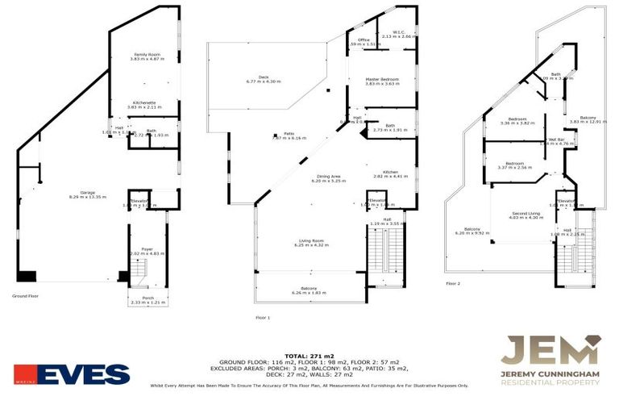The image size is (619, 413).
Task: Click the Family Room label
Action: pyautogui.click(x=147, y=55)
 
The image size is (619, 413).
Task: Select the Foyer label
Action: pyautogui.click(x=147, y=249)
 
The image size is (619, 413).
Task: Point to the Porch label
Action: pyautogui.click(x=147, y=299)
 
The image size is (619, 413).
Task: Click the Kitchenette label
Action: pyautogui.click(x=147, y=102)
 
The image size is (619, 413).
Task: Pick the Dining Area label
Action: pyautogui.click(x=328, y=177)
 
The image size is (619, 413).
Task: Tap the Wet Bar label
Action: pyautogui.click(x=557, y=140)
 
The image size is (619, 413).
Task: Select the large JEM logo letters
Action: pyautogui.click(x=550, y=351)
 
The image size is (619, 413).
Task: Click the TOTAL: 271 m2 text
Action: pyautogui.click(x=309, y=356)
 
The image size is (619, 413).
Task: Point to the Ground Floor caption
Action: pyautogui.click(x=26, y=296)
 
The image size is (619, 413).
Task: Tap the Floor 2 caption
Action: pyautogui.click(x=453, y=283)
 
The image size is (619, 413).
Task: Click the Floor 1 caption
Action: pyautogui.click(x=262, y=318)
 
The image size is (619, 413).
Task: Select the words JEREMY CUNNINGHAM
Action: pyautogui.click(x=550, y=373)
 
